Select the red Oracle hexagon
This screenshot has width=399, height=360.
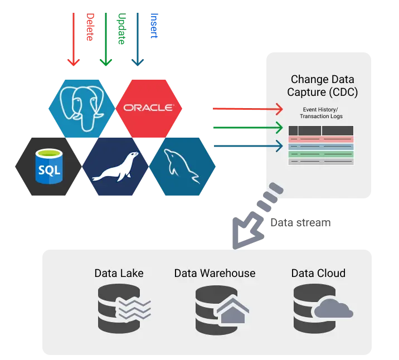click(x=148, y=108)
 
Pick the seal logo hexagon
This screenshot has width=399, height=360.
click(x=115, y=166)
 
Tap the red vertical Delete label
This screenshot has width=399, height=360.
click(x=89, y=28)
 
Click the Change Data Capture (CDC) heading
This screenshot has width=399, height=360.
click(x=323, y=86)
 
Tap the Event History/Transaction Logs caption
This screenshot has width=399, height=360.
click(x=321, y=113)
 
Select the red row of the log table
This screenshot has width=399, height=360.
click(x=321, y=139)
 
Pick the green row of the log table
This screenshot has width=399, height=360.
click(x=321, y=154)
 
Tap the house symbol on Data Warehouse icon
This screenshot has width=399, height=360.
click(x=230, y=311)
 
